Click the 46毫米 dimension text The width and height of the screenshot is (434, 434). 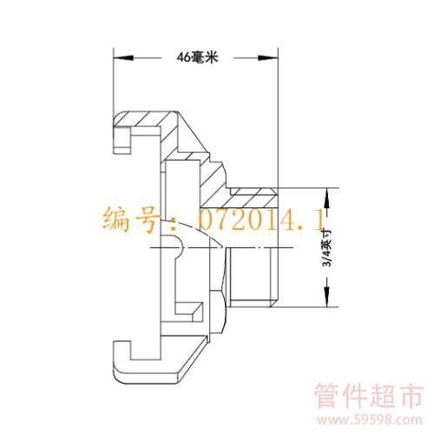coord(197,57)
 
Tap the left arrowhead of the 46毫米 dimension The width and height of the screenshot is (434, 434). coord(123,58)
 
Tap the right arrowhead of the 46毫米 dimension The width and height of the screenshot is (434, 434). coord(267,58)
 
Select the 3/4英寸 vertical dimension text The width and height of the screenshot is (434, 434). coord(327,247)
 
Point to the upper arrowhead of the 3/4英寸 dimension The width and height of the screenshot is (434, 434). coord(327,198)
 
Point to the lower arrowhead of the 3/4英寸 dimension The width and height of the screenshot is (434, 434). coord(327,297)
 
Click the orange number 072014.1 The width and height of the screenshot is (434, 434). coord(262,220)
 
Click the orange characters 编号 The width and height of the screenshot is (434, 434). coord(131,220)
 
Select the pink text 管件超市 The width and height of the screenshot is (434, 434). coord(369,396)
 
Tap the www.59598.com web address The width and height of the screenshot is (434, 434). coord(369,419)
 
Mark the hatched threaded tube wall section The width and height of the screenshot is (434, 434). coord(253,197)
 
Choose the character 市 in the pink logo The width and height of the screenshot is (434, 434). coord(411,396)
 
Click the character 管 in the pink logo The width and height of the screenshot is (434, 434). coord(327,396)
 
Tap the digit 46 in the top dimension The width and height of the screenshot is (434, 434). coord(183,57)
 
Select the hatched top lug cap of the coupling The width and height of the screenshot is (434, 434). coord(146,119)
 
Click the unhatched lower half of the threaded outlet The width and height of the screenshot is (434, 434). coord(251,277)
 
